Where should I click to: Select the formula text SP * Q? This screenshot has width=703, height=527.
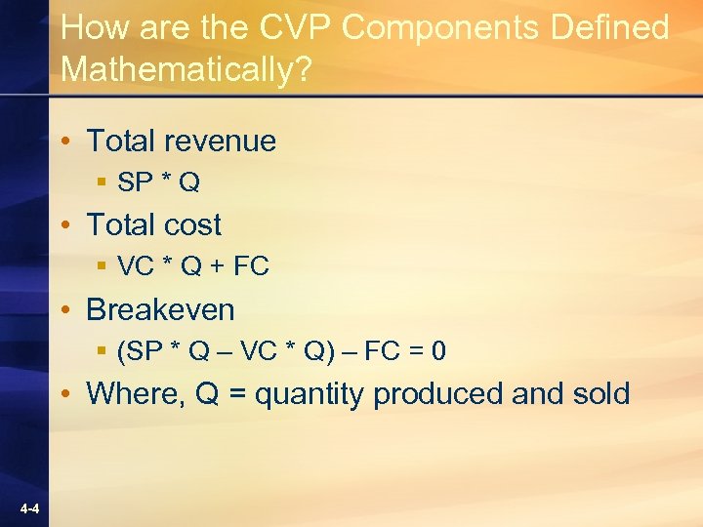pos(158,182)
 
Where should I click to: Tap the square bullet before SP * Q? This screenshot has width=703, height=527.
pos(102,182)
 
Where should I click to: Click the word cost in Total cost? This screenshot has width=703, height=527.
pos(193,225)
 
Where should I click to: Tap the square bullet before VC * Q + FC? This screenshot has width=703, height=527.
pos(102,266)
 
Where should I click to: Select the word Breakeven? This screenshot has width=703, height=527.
pos(161,309)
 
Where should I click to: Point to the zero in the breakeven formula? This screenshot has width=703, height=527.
pos(439,350)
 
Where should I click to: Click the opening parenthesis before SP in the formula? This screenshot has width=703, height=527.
pos(121,350)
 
